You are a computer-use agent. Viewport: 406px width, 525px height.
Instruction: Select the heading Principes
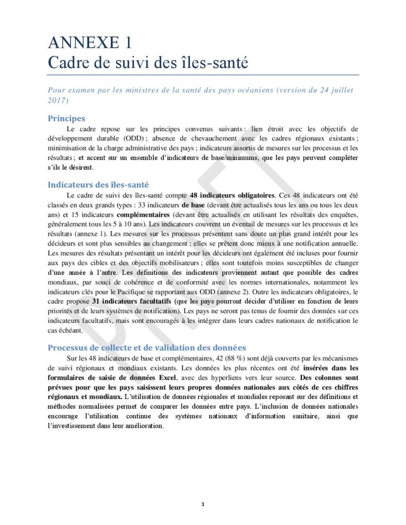(x=66, y=118)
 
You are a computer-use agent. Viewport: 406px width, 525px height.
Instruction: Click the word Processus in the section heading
(x=69, y=348)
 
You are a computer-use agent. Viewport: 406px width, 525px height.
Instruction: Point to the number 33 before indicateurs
(x=133, y=205)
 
